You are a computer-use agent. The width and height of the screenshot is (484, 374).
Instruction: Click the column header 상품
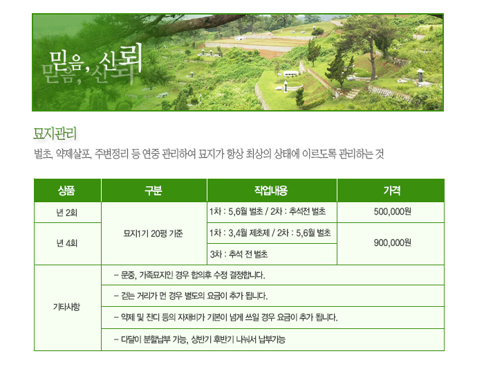pyautogui.click(x=66, y=190)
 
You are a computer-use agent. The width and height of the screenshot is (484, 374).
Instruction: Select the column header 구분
pyautogui.click(x=153, y=190)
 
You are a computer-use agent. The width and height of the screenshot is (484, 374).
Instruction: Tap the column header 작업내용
pyautogui.click(x=271, y=190)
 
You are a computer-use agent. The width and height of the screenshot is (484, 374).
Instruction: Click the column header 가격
pyautogui.click(x=392, y=190)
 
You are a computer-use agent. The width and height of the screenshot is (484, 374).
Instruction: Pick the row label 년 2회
pyautogui.click(x=66, y=213)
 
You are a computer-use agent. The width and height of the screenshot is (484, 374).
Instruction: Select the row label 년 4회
pyautogui.click(x=66, y=243)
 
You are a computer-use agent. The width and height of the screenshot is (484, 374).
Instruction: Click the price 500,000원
pyautogui.click(x=392, y=212)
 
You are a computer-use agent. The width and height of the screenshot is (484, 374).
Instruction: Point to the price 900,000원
pyautogui.click(x=392, y=242)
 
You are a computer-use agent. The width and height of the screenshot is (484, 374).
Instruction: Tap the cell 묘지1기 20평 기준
pyautogui.click(x=153, y=233)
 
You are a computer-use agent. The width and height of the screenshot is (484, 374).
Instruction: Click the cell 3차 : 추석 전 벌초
pyautogui.click(x=239, y=254)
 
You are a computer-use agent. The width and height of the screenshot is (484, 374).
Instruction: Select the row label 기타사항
pyautogui.click(x=66, y=307)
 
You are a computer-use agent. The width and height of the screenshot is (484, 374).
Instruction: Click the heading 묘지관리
pyautogui.click(x=55, y=134)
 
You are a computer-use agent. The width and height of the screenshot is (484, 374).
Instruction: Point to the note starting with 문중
pyautogui.click(x=189, y=275)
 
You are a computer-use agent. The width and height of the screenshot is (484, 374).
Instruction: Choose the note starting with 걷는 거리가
pyautogui.click(x=191, y=296)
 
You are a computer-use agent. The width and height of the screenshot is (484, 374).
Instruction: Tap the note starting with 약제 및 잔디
pyautogui.click(x=225, y=317)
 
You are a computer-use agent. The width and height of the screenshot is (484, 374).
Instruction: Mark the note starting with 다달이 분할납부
pyautogui.click(x=200, y=339)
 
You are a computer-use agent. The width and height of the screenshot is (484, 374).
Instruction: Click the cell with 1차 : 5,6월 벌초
pyautogui.click(x=268, y=212)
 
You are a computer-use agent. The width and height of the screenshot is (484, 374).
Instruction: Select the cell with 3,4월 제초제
pyautogui.click(x=270, y=233)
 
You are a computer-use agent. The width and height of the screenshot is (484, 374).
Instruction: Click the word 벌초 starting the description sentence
pyautogui.click(x=44, y=154)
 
